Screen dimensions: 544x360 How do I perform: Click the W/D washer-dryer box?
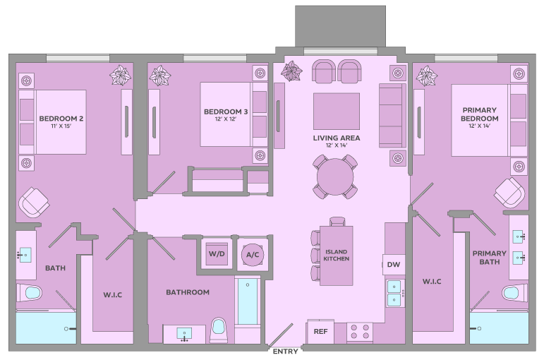click(217, 254)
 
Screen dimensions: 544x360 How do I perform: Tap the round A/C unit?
click(253, 254)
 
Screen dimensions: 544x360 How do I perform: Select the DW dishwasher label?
click(394, 265)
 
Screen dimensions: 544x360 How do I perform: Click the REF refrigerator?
click(320, 332)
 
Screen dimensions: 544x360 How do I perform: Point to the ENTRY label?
click(285, 352)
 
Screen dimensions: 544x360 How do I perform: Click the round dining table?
click(334, 176)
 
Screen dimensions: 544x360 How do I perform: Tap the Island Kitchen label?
click(336, 255)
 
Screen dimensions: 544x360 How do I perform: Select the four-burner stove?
click(360, 332)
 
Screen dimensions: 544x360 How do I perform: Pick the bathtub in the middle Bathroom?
click(248, 301)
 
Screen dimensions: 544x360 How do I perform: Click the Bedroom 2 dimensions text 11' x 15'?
click(61, 126)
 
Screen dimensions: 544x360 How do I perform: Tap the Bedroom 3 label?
click(226, 112)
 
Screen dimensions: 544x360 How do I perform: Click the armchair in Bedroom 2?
click(34, 203)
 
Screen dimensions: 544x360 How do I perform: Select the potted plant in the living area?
click(291, 71)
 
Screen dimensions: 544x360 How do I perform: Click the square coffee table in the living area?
click(336, 111)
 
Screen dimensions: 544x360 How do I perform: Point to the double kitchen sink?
click(394, 293)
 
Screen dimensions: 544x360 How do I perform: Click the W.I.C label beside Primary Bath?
click(432, 282)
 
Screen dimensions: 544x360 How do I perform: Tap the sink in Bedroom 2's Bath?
click(25, 255)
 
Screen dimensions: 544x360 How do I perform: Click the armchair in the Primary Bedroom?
click(509, 193)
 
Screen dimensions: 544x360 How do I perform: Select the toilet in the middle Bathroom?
click(219, 330)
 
